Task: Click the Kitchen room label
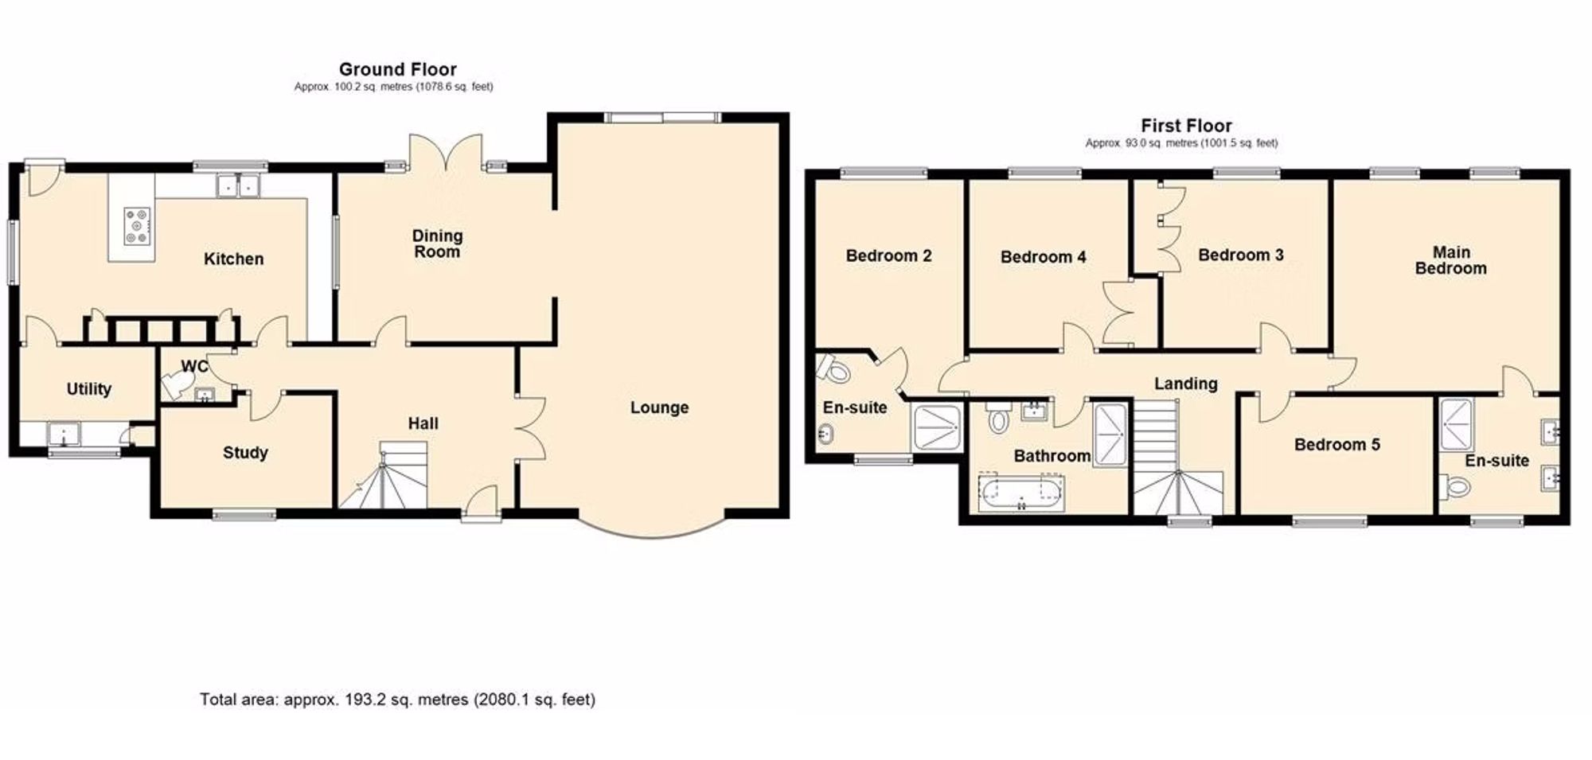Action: (x=233, y=259)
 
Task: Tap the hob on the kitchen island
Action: (x=137, y=225)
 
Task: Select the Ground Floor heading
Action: (x=397, y=69)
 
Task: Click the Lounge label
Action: (x=659, y=407)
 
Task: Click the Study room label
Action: (x=244, y=453)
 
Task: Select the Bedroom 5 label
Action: (x=1336, y=445)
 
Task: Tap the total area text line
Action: (x=397, y=700)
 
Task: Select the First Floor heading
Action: (x=1186, y=126)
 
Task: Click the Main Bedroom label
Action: (x=1450, y=260)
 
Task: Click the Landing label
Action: (x=1185, y=384)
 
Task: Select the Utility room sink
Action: (x=63, y=434)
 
